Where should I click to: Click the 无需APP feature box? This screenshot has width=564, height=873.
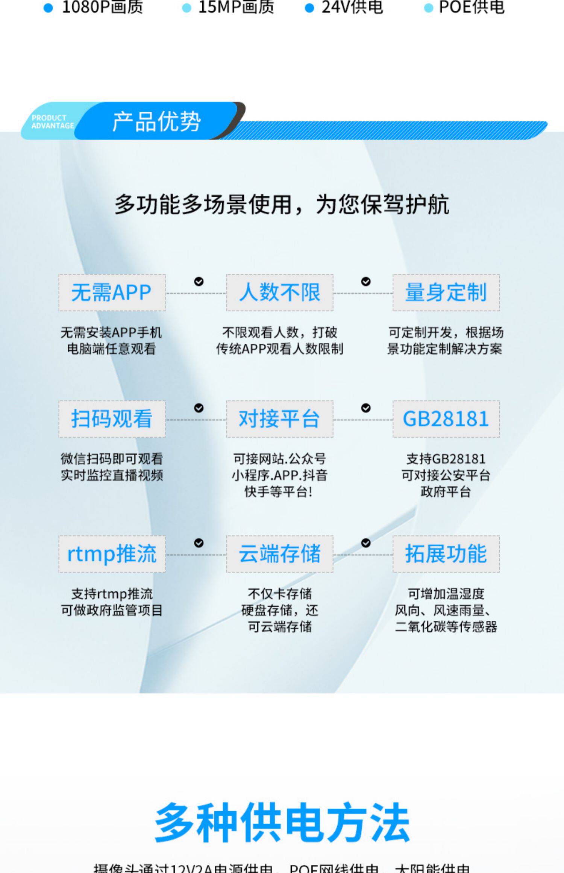(112, 293)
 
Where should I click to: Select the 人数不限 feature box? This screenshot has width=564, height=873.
(279, 293)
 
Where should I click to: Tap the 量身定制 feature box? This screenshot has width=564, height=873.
(446, 293)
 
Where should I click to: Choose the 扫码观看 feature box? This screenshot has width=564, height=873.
(112, 419)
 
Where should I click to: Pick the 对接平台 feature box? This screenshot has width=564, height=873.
(279, 419)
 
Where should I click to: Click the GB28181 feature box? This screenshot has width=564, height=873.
(446, 419)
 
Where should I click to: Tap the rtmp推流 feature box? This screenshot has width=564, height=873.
(112, 554)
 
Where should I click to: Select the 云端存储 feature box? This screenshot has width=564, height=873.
(279, 554)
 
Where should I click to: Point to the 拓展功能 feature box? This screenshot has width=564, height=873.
(446, 554)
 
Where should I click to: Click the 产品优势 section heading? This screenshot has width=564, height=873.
(156, 121)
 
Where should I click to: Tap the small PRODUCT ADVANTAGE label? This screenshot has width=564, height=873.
(52, 122)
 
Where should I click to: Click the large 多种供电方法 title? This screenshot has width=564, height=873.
(282, 822)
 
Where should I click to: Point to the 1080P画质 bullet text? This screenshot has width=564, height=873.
(102, 7)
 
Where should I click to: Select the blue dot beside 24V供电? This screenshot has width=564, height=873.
(309, 8)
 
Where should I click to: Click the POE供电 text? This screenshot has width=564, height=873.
(472, 7)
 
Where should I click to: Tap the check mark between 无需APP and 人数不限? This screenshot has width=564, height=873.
(199, 282)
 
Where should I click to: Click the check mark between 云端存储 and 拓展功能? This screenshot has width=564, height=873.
(365, 543)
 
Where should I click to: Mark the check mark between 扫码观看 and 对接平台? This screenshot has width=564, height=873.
(199, 408)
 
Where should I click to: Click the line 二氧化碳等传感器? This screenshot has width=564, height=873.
(446, 627)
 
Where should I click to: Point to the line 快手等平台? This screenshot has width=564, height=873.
(279, 492)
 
